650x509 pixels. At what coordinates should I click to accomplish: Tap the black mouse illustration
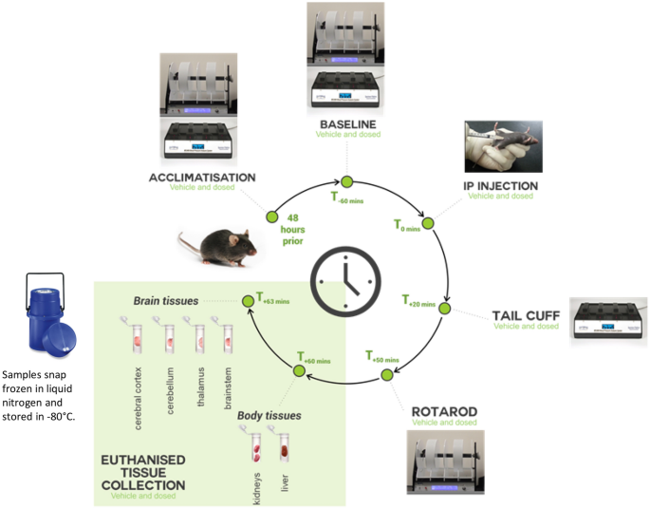tap(220, 244)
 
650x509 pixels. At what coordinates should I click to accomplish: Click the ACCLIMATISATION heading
tap(204, 178)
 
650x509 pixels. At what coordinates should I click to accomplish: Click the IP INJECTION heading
tap(502, 185)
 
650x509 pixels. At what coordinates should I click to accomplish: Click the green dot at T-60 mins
tap(346, 182)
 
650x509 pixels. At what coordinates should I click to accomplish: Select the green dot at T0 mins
tap(427, 223)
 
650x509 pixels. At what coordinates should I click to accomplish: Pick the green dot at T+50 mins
tap(387, 375)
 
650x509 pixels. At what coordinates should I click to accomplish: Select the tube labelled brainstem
tap(226, 333)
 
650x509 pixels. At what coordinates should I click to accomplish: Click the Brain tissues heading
tap(166, 301)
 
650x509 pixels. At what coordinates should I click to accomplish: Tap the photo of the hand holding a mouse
tap(501, 146)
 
